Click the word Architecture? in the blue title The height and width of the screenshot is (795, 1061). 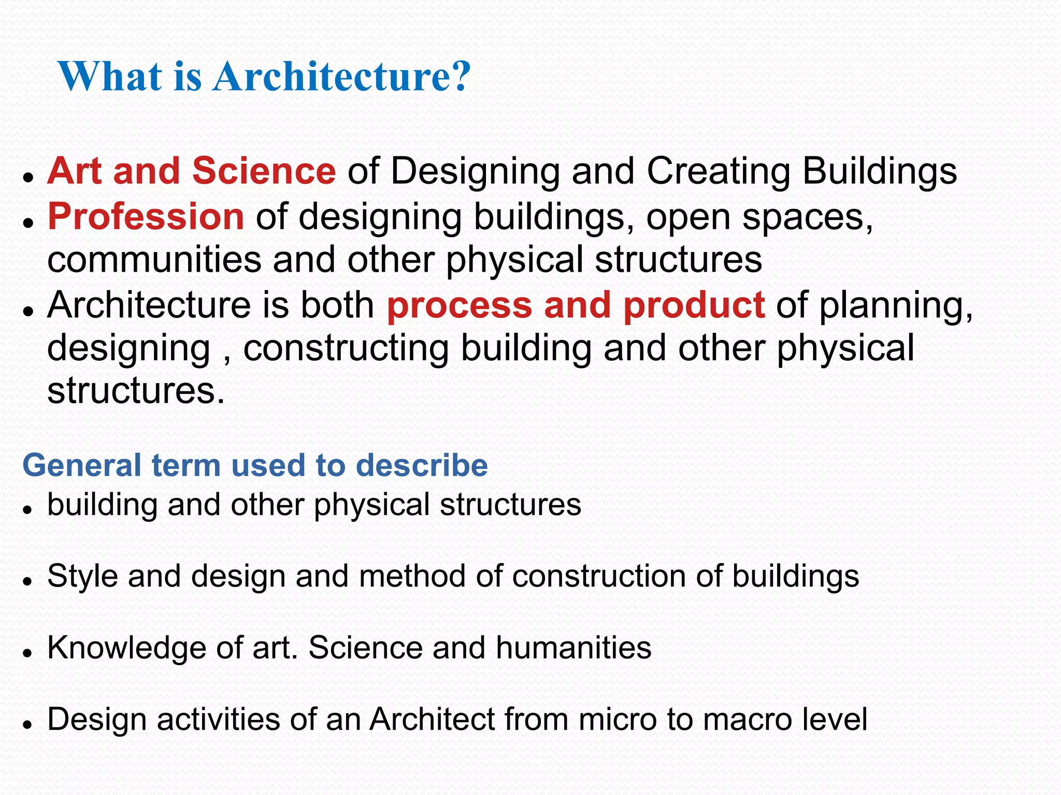tap(342, 77)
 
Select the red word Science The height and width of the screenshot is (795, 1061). tap(264, 171)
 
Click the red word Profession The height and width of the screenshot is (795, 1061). tap(146, 216)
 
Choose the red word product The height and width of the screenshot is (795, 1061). tap(694, 305)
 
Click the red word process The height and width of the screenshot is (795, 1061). tap(460, 305)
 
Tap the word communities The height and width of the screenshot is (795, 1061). tap(154, 260)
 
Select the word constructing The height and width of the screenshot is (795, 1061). tap(346, 348)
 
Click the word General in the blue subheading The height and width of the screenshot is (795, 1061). tap(82, 465)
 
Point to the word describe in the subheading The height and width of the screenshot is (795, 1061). tap(422, 465)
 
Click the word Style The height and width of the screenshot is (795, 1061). tap(82, 576)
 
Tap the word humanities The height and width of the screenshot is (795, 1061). tap(573, 648)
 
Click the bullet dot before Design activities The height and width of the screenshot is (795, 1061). tap(28, 725)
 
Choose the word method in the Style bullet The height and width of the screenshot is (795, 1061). tap(412, 576)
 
